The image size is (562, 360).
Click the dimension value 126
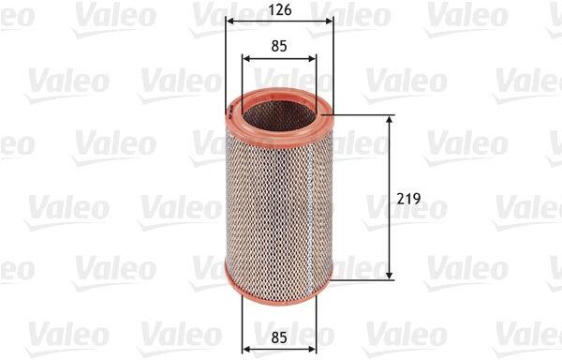coord(280,10)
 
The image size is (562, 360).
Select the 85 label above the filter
coord(279,46)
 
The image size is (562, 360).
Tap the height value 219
coord(408,199)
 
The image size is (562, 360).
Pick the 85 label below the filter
coord(279,337)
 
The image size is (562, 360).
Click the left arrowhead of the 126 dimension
coord(230,22)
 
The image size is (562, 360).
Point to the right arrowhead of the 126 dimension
coord(329,22)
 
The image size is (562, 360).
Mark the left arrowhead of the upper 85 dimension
coord(246,58)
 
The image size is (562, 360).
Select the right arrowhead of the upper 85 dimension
coord(312,58)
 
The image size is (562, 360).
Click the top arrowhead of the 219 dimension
coord(390,120)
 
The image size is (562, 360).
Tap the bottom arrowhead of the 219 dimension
coord(390,276)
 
